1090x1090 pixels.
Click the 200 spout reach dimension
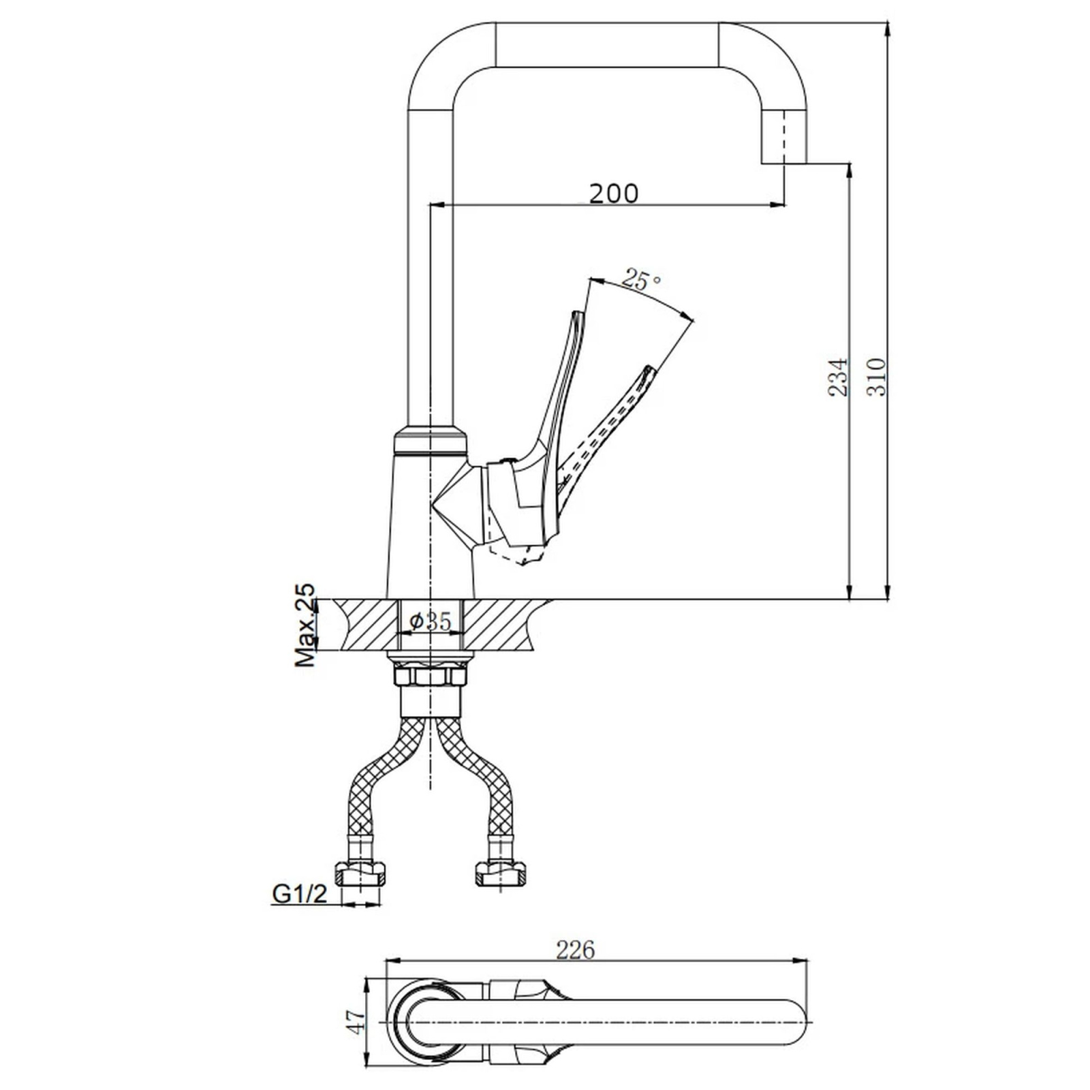click(x=614, y=193)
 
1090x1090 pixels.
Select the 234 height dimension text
click(x=838, y=377)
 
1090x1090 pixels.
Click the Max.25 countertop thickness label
click(x=307, y=624)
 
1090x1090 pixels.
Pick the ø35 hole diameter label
click(x=431, y=621)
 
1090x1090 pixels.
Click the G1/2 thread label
click(x=300, y=893)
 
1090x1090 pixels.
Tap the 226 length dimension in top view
click(x=576, y=949)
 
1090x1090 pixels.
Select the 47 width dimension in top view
click(x=356, y=1023)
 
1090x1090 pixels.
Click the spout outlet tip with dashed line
click(x=783, y=136)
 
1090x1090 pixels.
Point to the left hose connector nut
click(x=360, y=873)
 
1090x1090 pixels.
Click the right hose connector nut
click(x=501, y=873)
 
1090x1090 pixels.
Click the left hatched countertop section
click(x=364, y=625)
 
